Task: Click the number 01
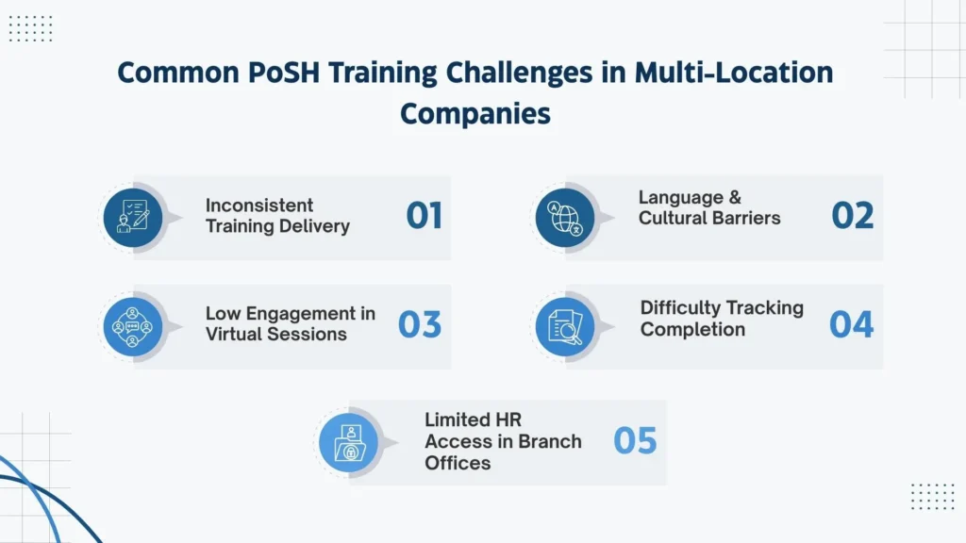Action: (x=424, y=216)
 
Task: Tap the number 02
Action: (x=852, y=216)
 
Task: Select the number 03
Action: (x=420, y=324)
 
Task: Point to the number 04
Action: (x=851, y=324)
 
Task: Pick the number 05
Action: (x=635, y=440)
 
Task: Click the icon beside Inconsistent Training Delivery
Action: (x=132, y=217)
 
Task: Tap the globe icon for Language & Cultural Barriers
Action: (x=564, y=217)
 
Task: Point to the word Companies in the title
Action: (x=475, y=113)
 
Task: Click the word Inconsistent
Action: (x=259, y=206)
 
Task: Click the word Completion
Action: (x=692, y=329)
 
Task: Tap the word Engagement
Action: (x=292, y=314)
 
